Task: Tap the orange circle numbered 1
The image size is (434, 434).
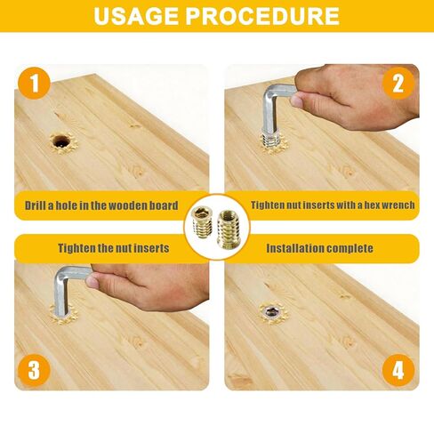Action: coord(36,85)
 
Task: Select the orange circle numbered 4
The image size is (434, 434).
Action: coord(398,368)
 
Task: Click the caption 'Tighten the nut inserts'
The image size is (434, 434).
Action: coord(114,248)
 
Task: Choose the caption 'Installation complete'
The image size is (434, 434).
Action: coord(319,248)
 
